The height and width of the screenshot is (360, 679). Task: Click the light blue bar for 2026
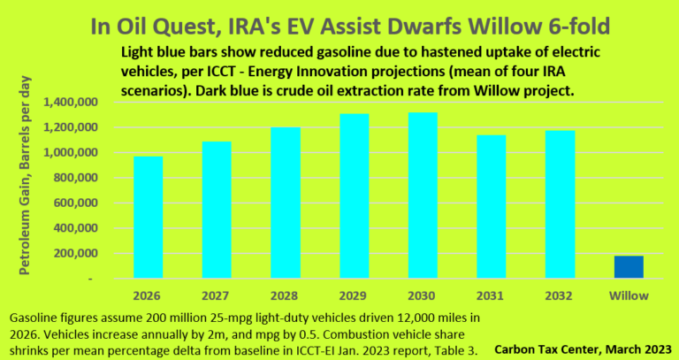148,218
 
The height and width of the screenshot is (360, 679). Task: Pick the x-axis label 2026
148,295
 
